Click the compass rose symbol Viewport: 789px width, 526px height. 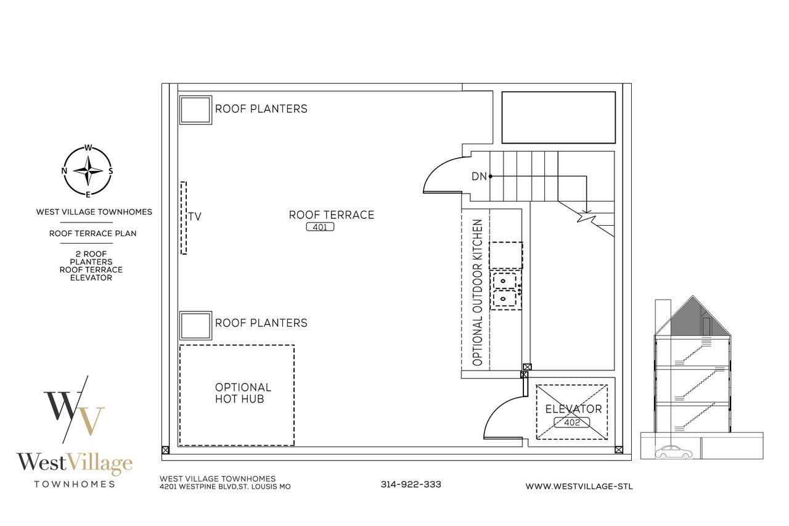coord(88,171)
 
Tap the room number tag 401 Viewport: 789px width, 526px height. coord(320,227)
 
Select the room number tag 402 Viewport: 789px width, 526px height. coord(571,422)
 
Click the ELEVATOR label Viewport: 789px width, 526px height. coord(573,409)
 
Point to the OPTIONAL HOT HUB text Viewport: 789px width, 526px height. coord(243,393)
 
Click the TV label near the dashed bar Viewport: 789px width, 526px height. coord(194,216)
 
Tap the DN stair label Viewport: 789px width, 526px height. coord(479,176)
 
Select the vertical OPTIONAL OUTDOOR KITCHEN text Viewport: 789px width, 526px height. coord(477,292)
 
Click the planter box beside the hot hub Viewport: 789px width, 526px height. coord(195,326)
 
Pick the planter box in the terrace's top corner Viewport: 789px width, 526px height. coord(195,110)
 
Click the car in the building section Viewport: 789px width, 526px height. coord(673,452)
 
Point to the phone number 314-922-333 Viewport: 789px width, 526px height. coord(411,485)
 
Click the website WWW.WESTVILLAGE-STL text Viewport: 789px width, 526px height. coord(579,487)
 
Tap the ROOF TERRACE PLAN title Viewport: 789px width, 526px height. coord(92,233)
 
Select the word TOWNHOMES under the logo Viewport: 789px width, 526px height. coord(75,485)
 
